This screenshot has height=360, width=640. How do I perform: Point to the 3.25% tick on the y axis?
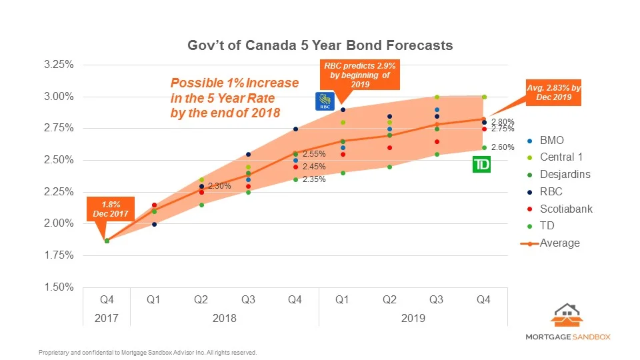point(58,65)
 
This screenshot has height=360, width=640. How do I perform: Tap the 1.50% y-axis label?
point(58,287)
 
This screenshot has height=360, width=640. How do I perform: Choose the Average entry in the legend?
point(559,243)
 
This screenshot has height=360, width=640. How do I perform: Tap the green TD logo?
point(481,165)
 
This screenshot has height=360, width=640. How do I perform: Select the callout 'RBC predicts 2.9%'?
point(360,75)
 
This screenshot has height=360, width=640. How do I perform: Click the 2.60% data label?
point(502,147)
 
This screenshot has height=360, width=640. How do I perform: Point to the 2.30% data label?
point(219,186)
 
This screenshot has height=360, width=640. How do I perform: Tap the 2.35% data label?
point(313,179)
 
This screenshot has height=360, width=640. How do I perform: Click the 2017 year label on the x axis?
point(106,319)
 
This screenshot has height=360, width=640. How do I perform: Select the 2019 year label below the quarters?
point(413,319)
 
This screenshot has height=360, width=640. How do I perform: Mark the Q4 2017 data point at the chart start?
point(107,241)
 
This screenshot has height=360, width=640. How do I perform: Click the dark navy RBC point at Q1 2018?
point(154,224)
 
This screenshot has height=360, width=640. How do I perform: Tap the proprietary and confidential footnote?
point(147,352)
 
